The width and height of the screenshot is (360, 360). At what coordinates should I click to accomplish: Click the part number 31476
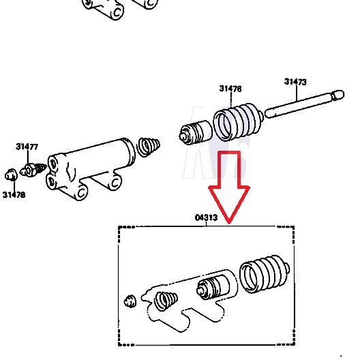coord(230,89)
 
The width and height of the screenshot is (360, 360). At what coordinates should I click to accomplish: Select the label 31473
coord(295,82)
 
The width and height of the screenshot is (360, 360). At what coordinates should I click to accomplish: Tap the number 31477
coord(27,146)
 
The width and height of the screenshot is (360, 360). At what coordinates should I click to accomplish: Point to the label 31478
coord(13,194)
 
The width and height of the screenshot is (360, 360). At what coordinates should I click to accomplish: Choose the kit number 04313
coord(206,219)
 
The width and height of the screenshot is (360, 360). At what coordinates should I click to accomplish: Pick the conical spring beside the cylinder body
coord(149,147)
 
